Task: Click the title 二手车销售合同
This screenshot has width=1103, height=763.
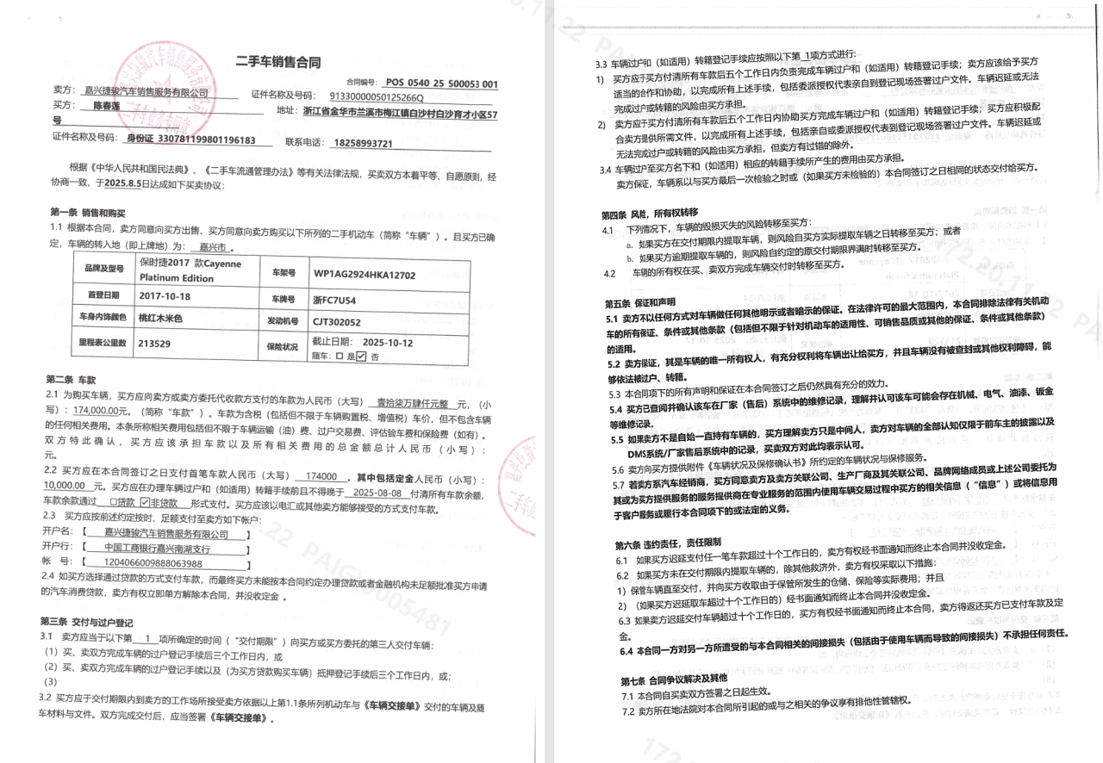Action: pyautogui.click(x=278, y=62)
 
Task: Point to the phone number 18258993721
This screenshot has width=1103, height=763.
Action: pyautogui.click(x=363, y=143)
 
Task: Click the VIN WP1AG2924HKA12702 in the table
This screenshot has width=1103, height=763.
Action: pyautogui.click(x=365, y=275)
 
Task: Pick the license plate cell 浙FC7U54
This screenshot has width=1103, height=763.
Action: pyautogui.click(x=333, y=299)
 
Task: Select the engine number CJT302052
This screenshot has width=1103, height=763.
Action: pyautogui.click(x=337, y=322)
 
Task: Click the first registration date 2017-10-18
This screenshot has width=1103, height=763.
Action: pyautogui.click(x=165, y=296)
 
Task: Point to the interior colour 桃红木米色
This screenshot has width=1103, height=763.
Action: pyautogui.click(x=161, y=319)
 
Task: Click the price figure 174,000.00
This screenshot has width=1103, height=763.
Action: pyautogui.click(x=103, y=412)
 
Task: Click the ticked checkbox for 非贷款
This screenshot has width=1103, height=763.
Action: pyautogui.click(x=145, y=501)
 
